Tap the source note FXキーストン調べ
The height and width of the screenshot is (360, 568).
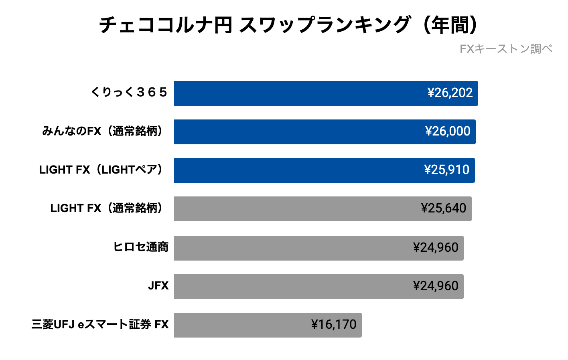click(x=506, y=49)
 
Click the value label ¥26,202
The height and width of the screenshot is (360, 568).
click(x=450, y=93)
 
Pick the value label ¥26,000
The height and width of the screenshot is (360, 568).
click(x=448, y=131)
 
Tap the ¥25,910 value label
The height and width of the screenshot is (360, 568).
click(x=446, y=170)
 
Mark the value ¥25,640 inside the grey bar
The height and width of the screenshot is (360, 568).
click(x=444, y=208)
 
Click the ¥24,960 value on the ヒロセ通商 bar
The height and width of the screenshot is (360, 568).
click(x=436, y=248)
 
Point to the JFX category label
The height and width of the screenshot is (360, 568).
click(x=158, y=286)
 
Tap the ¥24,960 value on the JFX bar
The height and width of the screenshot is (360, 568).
click(x=436, y=286)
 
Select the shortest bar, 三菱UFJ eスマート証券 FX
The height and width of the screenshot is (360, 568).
click(x=241, y=325)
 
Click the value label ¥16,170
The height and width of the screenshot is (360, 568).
click(x=334, y=325)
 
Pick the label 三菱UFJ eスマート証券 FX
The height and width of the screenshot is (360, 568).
click(x=100, y=324)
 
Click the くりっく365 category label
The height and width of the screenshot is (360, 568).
click(x=129, y=92)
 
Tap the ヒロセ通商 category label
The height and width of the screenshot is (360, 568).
click(x=141, y=247)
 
